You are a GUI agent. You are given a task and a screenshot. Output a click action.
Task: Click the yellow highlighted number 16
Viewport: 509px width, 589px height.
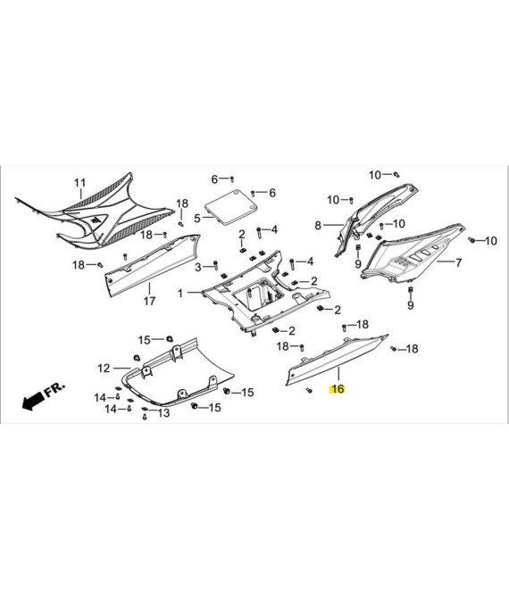pyautogui.click(x=338, y=389)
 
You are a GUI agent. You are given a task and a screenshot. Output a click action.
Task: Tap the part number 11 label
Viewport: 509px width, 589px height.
pyautogui.click(x=80, y=183)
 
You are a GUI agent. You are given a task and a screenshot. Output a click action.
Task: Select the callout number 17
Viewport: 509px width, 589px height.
pyautogui.click(x=149, y=301)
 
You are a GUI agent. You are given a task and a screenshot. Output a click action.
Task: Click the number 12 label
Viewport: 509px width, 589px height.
pyautogui.click(x=104, y=368)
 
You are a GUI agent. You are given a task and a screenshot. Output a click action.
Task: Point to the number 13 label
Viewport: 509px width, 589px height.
pyautogui.click(x=163, y=413)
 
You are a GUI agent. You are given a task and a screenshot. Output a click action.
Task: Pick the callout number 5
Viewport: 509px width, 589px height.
pyautogui.click(x=197, y=218)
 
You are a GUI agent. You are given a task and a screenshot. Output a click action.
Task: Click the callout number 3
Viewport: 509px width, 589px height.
pyautogui.click(x=198, y=267)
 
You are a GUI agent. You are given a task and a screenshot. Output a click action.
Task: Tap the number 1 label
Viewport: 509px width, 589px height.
pyautogui.click(x=180, y=293)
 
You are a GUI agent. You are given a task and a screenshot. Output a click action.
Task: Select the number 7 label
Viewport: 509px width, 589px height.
pyautogui.click(x=459, y=262)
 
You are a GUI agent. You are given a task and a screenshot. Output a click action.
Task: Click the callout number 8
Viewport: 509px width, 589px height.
pyautogui.click(x=318, y=226)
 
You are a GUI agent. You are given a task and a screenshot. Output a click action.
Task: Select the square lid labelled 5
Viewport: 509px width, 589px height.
pyautogui.click(x=231, y=208)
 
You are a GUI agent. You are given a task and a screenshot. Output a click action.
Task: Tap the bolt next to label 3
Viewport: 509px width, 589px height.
pyautogui.click(x=215, y=265)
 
